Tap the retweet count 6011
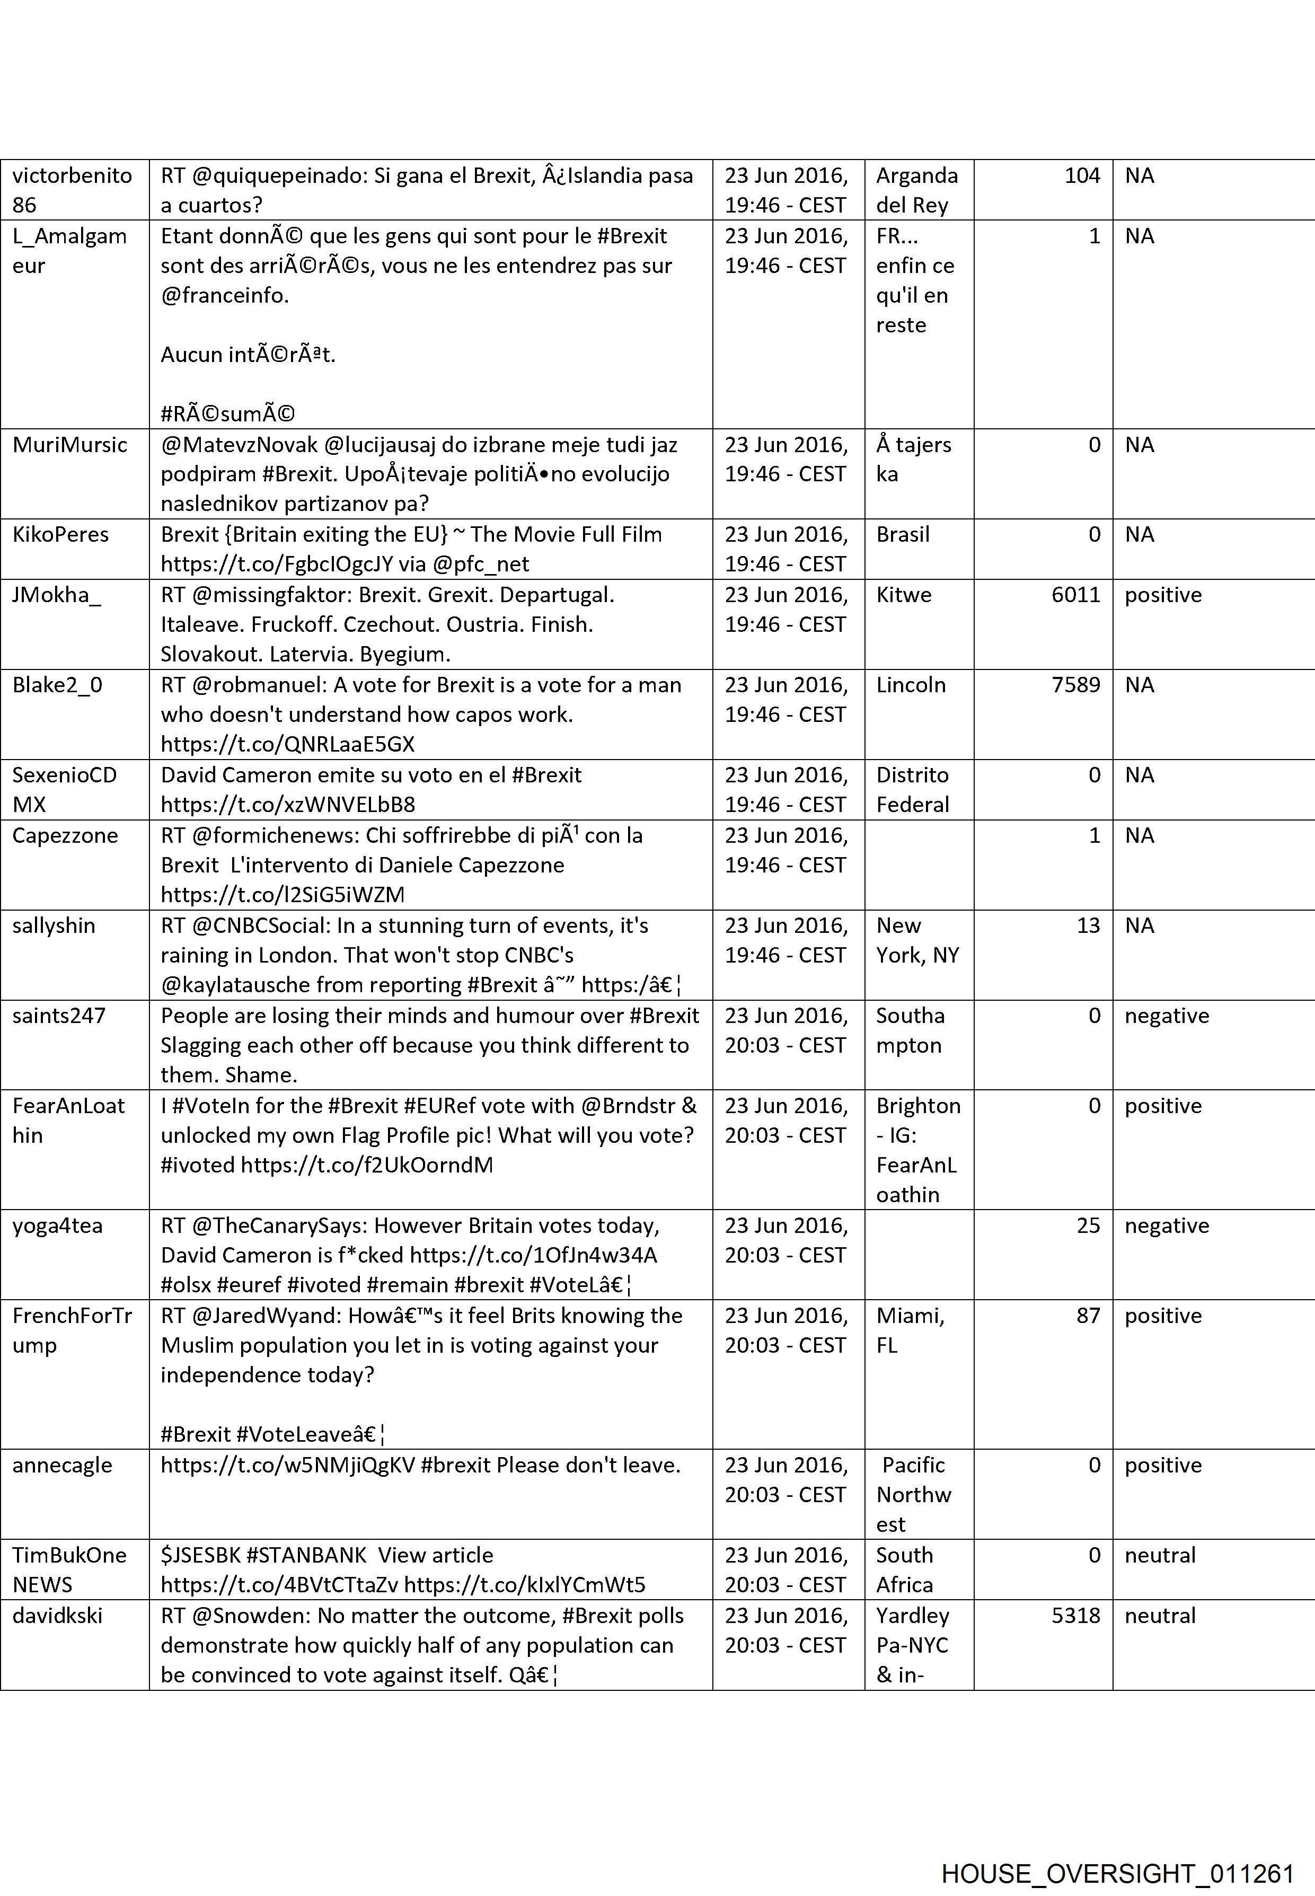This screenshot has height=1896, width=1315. click(1075, 595)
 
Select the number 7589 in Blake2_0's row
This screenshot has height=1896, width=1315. click(1075, 685)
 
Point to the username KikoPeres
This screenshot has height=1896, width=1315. click(60, 535)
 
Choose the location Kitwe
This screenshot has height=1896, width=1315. click(903, 595)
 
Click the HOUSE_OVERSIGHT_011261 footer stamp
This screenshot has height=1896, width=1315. click(1118, 1851)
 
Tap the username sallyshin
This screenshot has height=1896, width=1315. click(54, 925)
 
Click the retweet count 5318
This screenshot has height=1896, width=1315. click(1075, 1615)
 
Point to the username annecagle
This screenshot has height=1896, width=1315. click(62, 1465)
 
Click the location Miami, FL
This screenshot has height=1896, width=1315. click(910, 1330)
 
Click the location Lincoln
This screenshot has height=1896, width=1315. click(911, 685)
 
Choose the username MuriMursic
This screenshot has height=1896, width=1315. click(70, 445)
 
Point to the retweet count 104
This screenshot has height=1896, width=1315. click(1082, 175)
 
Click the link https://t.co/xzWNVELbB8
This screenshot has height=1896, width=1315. click(288, 804)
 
